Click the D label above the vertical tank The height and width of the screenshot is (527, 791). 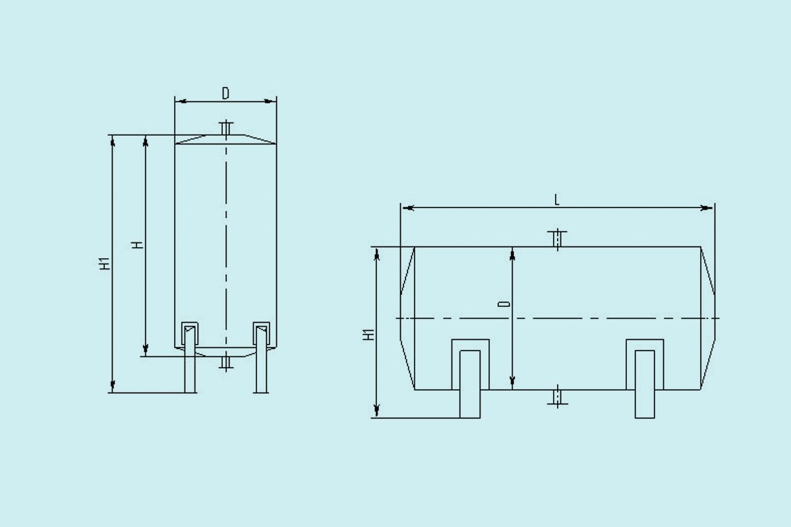225,94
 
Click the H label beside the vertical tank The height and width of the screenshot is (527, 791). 137,245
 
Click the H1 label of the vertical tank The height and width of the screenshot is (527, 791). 103,263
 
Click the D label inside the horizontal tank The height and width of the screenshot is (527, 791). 504,304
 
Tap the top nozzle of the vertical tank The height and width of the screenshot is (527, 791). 226,128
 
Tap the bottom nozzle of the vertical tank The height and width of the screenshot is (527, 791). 226,362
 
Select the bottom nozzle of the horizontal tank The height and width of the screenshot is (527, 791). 558,397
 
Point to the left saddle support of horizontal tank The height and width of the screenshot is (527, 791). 470,379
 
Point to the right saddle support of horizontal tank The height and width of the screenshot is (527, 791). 645,379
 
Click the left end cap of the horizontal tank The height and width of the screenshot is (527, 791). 407,318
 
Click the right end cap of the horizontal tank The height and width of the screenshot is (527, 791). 708,318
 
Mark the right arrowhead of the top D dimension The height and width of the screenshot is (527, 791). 270,101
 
